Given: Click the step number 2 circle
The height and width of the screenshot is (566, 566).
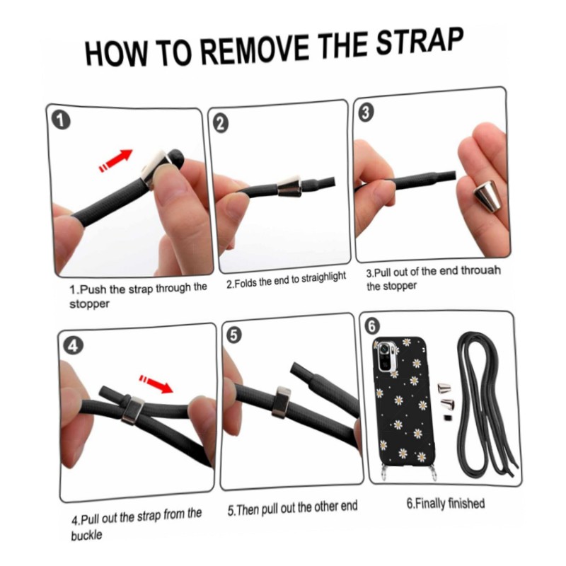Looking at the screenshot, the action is point(221,124).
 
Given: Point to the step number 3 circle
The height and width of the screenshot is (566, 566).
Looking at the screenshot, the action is point(366,112).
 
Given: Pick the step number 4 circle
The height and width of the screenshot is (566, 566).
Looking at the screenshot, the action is point(73,346).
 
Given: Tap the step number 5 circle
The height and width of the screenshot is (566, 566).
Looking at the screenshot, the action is point(234,335).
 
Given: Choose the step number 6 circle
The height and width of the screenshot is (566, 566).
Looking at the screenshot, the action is point(373,326).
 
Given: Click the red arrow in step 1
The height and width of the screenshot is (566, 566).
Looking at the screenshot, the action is point(116,161).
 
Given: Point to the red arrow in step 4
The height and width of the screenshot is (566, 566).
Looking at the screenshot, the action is point(156,383).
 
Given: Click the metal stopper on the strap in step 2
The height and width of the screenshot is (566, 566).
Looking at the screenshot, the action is point(290,187).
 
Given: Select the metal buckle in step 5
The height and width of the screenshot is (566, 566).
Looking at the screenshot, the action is point(281,403).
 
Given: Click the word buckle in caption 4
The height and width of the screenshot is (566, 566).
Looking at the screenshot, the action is point(86,534).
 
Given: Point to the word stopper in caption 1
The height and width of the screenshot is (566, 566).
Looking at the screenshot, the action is point(89,304).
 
